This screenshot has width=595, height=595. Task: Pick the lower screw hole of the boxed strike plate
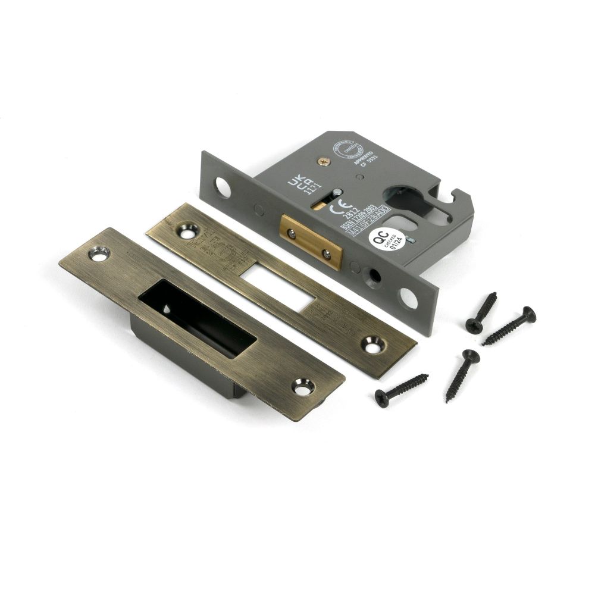tap(302, 386)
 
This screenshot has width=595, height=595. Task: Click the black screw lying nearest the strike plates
tap(401, 386)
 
